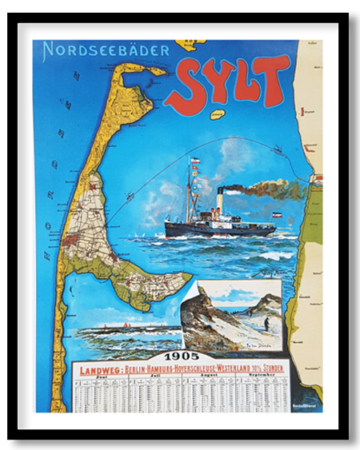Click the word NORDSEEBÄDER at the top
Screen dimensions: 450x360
point(106,50)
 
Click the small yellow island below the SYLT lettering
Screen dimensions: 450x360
point(217,115)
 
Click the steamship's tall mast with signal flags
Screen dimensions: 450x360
point(192,192)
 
